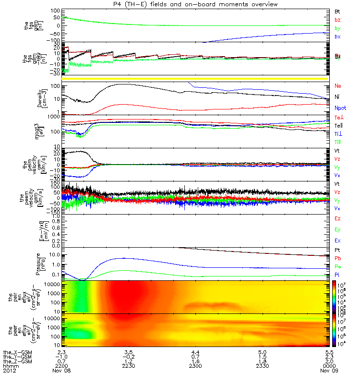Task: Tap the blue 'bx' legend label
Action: [337, 36]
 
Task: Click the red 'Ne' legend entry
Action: [337, 86]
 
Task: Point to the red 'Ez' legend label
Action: [337, 219]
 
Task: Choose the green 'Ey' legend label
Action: [337, 229]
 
